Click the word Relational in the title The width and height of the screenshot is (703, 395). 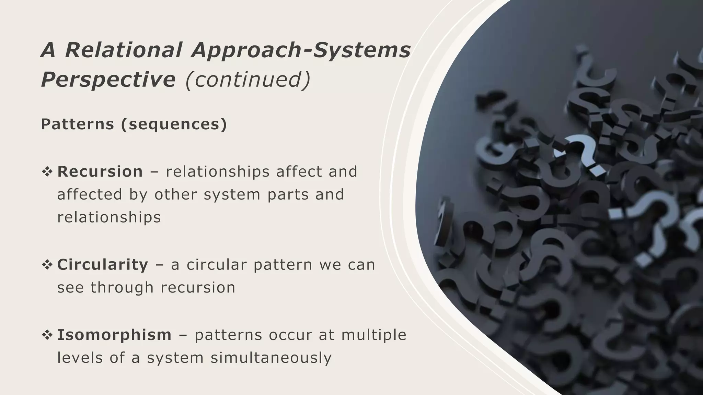coord(123,50)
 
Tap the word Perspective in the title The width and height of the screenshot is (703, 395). coord(108,80)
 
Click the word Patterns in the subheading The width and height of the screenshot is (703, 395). coord(77,124)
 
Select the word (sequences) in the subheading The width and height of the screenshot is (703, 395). coord(174,124)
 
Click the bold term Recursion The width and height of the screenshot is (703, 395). coord(100,171)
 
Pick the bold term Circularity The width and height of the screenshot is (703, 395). coord(103,265)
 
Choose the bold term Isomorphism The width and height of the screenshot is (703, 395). coord(114,335)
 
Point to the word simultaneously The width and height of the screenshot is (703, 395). coord(271,358)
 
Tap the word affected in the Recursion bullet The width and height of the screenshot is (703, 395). coord(90,194)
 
